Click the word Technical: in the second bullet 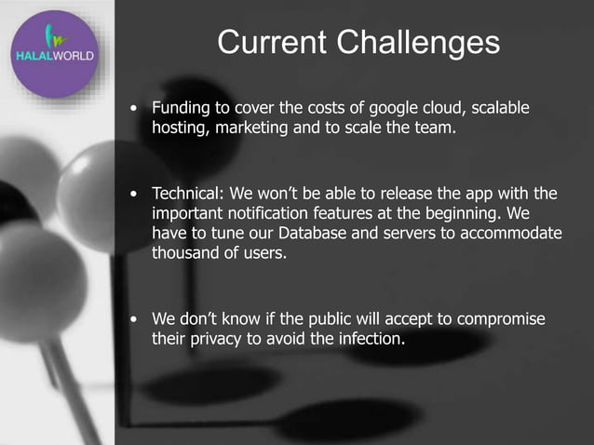click(189, 194)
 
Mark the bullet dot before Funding click(137, 110)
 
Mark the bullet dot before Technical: click(137, 195)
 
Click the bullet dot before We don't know click(137, 319)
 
